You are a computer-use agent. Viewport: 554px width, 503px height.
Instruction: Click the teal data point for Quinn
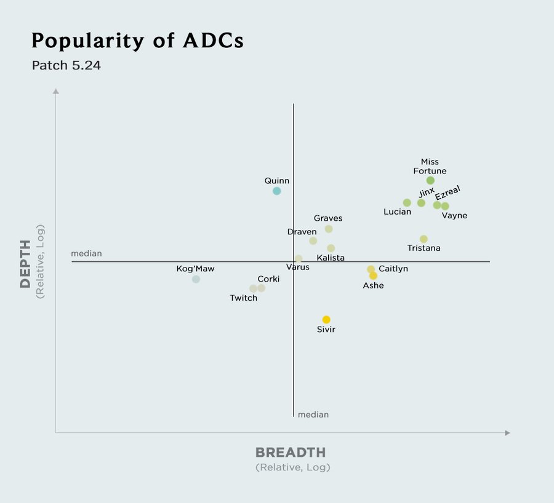pos(277,191)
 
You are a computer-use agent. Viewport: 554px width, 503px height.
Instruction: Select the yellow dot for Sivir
pos(326,320)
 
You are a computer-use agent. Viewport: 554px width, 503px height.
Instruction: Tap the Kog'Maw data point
pos(196,279)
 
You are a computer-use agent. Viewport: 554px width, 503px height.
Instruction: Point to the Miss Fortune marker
pos(430,181)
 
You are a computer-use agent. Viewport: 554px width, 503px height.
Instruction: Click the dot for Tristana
pos(424,239)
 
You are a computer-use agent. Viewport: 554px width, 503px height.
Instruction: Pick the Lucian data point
pos(407,203)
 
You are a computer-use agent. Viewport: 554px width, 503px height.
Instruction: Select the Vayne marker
pos(445,206)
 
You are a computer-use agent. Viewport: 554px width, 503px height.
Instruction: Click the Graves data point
pos(329,229)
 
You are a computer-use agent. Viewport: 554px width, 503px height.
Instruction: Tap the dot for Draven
pos(313,241)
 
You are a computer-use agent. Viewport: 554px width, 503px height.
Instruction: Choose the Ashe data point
pos(373,276)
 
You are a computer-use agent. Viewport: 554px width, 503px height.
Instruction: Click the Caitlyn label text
pos(393,269)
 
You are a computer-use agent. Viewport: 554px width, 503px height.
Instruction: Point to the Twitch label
pos(244,298)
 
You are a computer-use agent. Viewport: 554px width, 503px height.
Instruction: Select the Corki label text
pos(268,279)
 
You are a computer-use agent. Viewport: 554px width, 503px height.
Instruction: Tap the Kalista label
pos(331,258)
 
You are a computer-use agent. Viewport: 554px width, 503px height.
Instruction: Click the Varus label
pos(298,267)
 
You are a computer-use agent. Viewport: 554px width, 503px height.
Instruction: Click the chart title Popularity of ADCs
pos(137,41)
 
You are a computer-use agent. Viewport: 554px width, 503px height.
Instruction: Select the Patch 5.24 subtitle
pos(66,65)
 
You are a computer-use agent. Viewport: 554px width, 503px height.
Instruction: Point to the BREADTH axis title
pos(291,453)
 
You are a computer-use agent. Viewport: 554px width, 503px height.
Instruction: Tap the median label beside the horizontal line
pos(86,253)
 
